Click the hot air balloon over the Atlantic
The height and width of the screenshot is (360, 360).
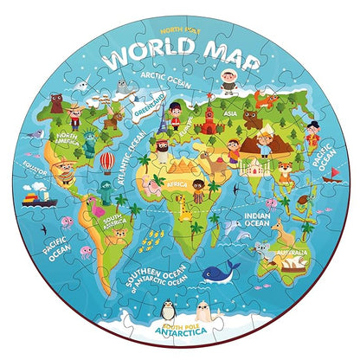(106, 162)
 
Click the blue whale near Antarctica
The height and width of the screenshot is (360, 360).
(222, 273)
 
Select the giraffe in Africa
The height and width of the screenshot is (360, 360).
(183, 207)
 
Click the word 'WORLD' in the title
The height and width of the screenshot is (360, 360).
(144, 54)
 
